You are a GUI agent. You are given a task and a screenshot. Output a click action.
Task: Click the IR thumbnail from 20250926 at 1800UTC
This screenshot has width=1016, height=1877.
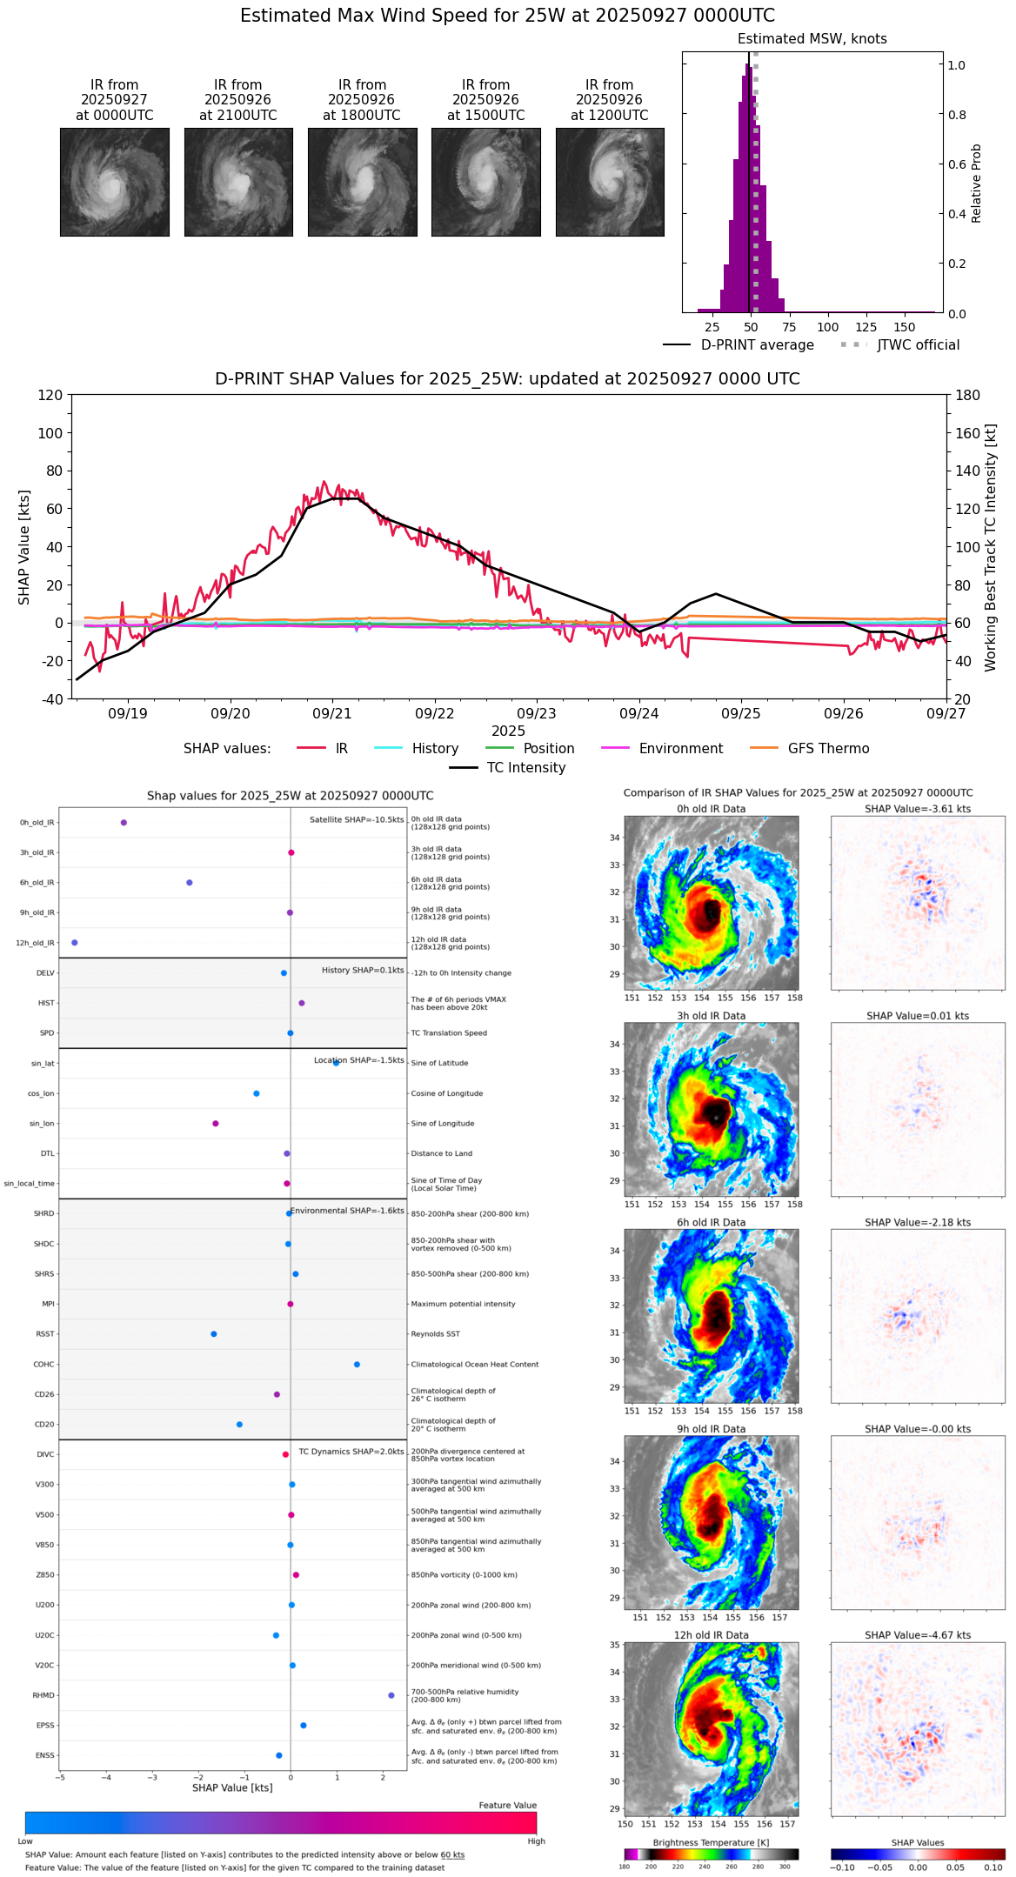pos(362,182)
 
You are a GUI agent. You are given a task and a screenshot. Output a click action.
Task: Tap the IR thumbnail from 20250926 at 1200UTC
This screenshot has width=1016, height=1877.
pos(610,182)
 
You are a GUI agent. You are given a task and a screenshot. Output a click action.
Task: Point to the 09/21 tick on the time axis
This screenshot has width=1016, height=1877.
pos(332,713)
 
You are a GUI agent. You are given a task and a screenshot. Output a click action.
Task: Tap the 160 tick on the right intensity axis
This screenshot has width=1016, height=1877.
pos(968,433)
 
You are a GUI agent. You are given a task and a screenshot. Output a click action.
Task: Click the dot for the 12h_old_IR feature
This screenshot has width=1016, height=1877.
pos(74,943)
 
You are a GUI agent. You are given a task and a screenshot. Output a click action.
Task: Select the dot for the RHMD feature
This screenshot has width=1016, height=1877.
pos(391,1695)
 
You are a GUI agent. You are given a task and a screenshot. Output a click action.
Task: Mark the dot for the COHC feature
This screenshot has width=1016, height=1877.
pos(357,1365)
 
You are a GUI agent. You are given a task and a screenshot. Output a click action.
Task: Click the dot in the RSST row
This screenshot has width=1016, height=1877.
pos(213,1334)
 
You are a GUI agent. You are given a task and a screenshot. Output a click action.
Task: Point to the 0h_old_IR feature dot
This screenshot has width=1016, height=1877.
pos(124,823)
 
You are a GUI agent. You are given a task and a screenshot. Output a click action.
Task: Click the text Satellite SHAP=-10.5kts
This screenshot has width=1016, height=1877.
pos(357,820)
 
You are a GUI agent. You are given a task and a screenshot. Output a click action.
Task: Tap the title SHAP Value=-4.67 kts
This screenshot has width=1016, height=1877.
pos(918,1635)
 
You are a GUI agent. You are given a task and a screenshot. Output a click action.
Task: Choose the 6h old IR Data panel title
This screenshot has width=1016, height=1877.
pos(711,1222)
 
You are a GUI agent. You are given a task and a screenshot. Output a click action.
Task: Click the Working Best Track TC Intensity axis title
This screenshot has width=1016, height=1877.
pos(991,548)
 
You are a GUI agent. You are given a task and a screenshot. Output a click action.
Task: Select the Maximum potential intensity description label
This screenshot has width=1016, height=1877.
pos(463,1304)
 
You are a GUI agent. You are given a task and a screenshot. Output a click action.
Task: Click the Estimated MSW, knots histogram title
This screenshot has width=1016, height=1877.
pos(812,39)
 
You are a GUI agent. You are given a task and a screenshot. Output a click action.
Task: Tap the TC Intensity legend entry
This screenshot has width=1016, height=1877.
pos(525,768)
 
